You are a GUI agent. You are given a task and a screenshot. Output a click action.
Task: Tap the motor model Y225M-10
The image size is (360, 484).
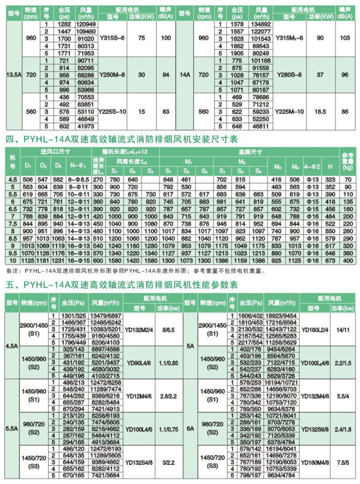(x=290, y=112)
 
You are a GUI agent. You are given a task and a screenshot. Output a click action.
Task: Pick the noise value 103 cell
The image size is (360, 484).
(x=345, y=38)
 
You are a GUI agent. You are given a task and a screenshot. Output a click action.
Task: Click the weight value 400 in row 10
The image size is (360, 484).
(x=348, y=260)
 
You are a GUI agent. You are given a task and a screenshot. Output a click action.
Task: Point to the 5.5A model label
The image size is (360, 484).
(x=10, y=428)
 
